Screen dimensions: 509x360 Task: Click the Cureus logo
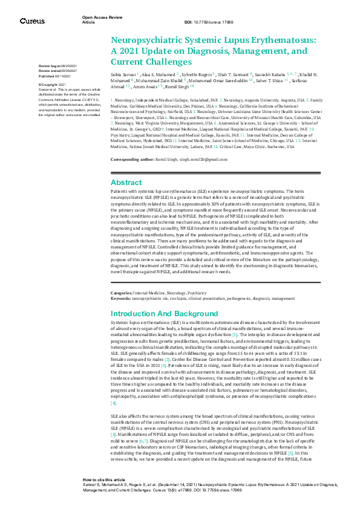[x=32, y=21]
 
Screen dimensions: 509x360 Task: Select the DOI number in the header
[x=214, y=22]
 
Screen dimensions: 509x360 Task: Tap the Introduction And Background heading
[x=164, y=314]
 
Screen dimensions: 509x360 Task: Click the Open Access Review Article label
[x=97, y=19]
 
